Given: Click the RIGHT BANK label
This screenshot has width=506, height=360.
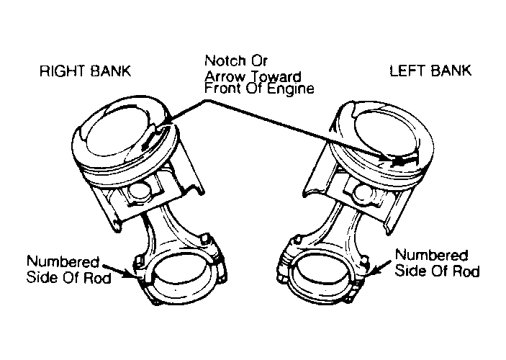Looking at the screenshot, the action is pyautogui.click(x=85, y=71).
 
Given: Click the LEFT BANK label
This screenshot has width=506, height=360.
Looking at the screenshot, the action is pyautogui.click(x=430, y=71).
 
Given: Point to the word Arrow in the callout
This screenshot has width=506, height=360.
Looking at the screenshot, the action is pyautogui.click(x=225, y=77).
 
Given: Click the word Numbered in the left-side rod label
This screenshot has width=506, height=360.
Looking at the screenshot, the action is pyautogui.click(x=63, y=262).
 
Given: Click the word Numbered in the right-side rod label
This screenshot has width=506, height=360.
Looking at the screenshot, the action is pyautogui.click(x=431, y=255).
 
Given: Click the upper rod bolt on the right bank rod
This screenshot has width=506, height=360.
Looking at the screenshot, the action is pyautogui.click(x=204, y=240).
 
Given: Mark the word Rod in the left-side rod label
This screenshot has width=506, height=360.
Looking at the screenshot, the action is pyautogui.click(x=97, y=278).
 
